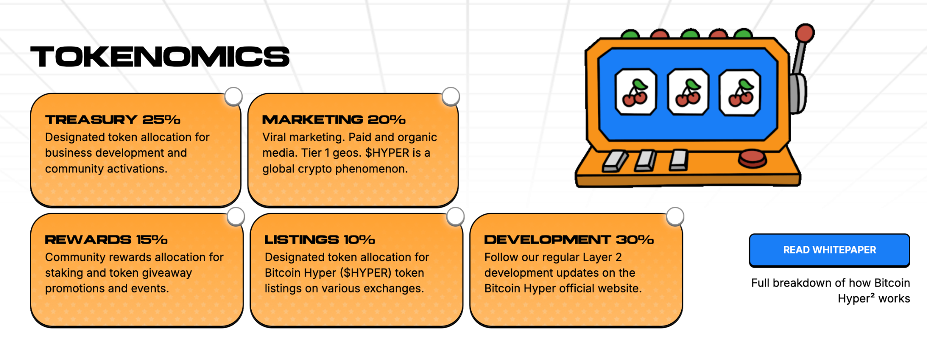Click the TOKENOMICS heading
click(x=160, y=57)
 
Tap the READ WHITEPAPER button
click(x=829, y=250)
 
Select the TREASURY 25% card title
click(x=113, y=120)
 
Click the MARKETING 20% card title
click(x=334, y=120)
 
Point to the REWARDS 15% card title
click(x=106, y=240)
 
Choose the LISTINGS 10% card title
click(x=320, y=240)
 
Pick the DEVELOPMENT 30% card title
click(x=569, y=240)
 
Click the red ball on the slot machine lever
click(x=805, y=33)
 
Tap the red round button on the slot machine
click(x=752, y=159)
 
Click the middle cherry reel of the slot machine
click(x=688, y=92)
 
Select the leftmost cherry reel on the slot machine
click(x=636, y=92)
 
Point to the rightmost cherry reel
click(x=740, y=93)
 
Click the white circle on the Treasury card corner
click(x=234, y=96)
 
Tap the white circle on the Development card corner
click(x=675, y=216)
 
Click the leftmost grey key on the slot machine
click(x=615, y=161)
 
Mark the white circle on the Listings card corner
click(x=455, y=216)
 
